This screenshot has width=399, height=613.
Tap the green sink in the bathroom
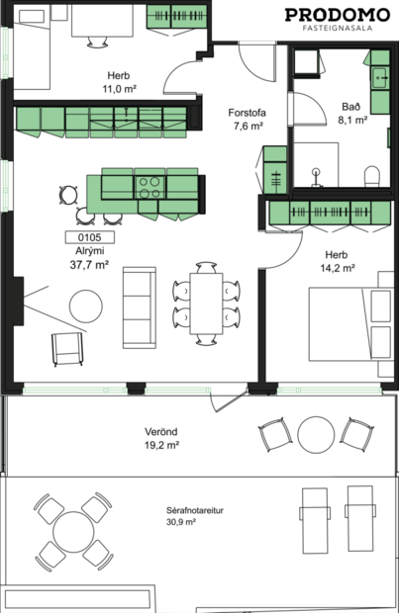tap(380, 76)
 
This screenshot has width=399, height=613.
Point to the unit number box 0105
tap(89, 237)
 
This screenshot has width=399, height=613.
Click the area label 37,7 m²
tap(88, 265)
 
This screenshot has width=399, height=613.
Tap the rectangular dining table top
tap(207, 304)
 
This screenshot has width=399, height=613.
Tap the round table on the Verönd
tap(317, 434)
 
